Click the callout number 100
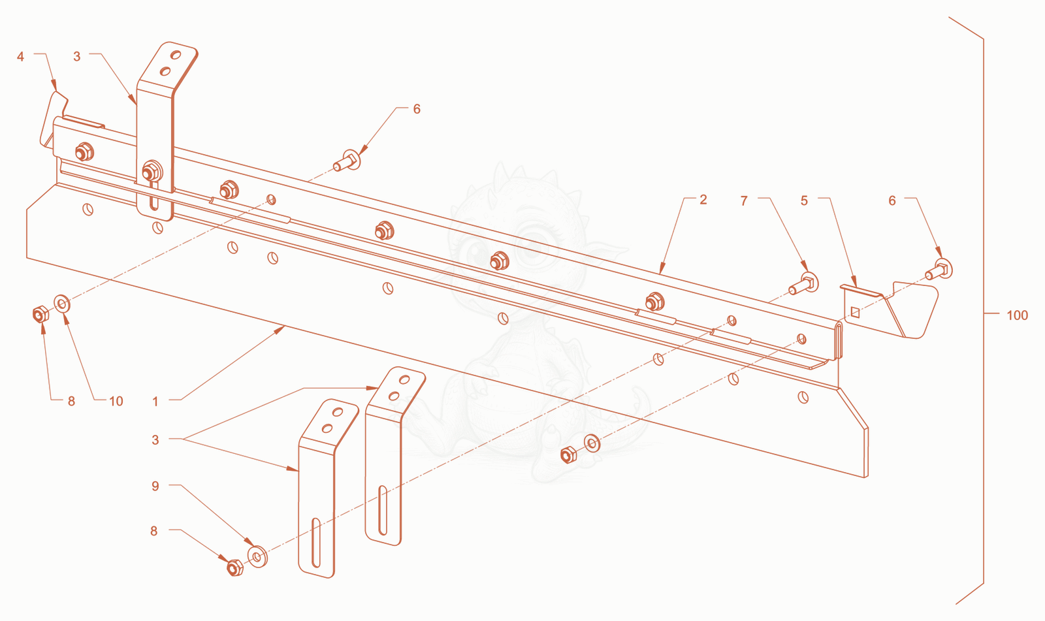1017,315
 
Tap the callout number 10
116,401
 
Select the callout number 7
744,201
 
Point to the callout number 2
703,200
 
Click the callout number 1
155,401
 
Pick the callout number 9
155,486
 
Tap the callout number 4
20,57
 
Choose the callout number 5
804,200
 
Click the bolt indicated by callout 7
803,283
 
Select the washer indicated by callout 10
62,304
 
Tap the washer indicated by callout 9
257,556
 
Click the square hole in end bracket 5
855,312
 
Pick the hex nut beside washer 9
234,567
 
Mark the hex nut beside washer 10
40,315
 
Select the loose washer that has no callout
592,443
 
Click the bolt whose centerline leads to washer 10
347,161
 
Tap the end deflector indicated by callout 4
53,119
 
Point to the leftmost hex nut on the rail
84,151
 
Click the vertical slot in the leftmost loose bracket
316,543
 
